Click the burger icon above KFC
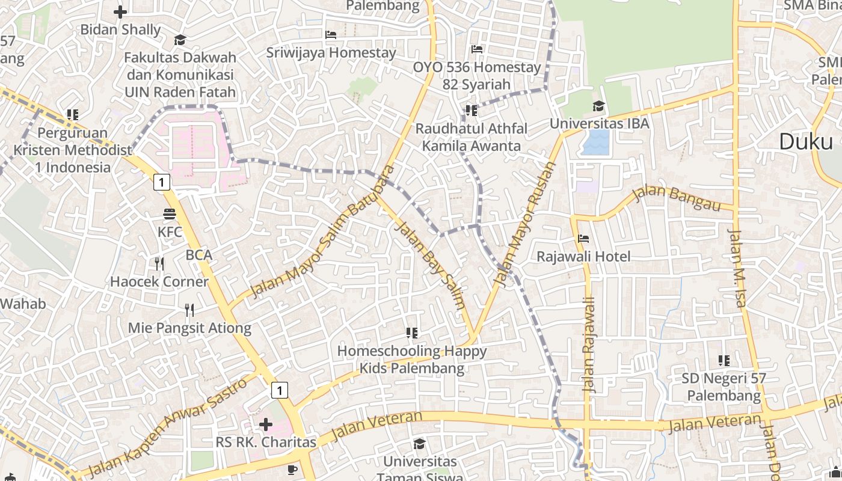170,213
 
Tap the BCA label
199,255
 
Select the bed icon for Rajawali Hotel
583,239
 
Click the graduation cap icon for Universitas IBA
598,106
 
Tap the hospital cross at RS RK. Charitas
265,425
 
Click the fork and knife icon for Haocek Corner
159,263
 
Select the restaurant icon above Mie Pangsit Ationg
189,310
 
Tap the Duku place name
807,142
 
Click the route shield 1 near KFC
161,182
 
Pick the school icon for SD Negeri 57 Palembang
724,361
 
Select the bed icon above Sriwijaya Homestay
331,35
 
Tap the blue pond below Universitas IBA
596,143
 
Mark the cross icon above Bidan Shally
120,11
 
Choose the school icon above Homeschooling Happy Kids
412,332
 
